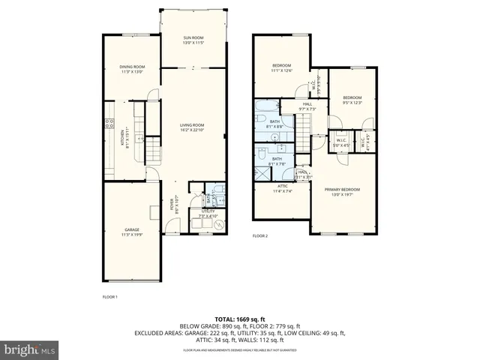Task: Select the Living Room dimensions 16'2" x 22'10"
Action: pos(192,130)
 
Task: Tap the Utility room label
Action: pos(208,212)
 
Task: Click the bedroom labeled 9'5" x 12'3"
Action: pos(352,97)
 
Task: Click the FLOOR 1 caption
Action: pos(110,297)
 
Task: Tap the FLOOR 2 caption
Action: pos(259,235)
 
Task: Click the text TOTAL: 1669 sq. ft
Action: pos(240,319)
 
